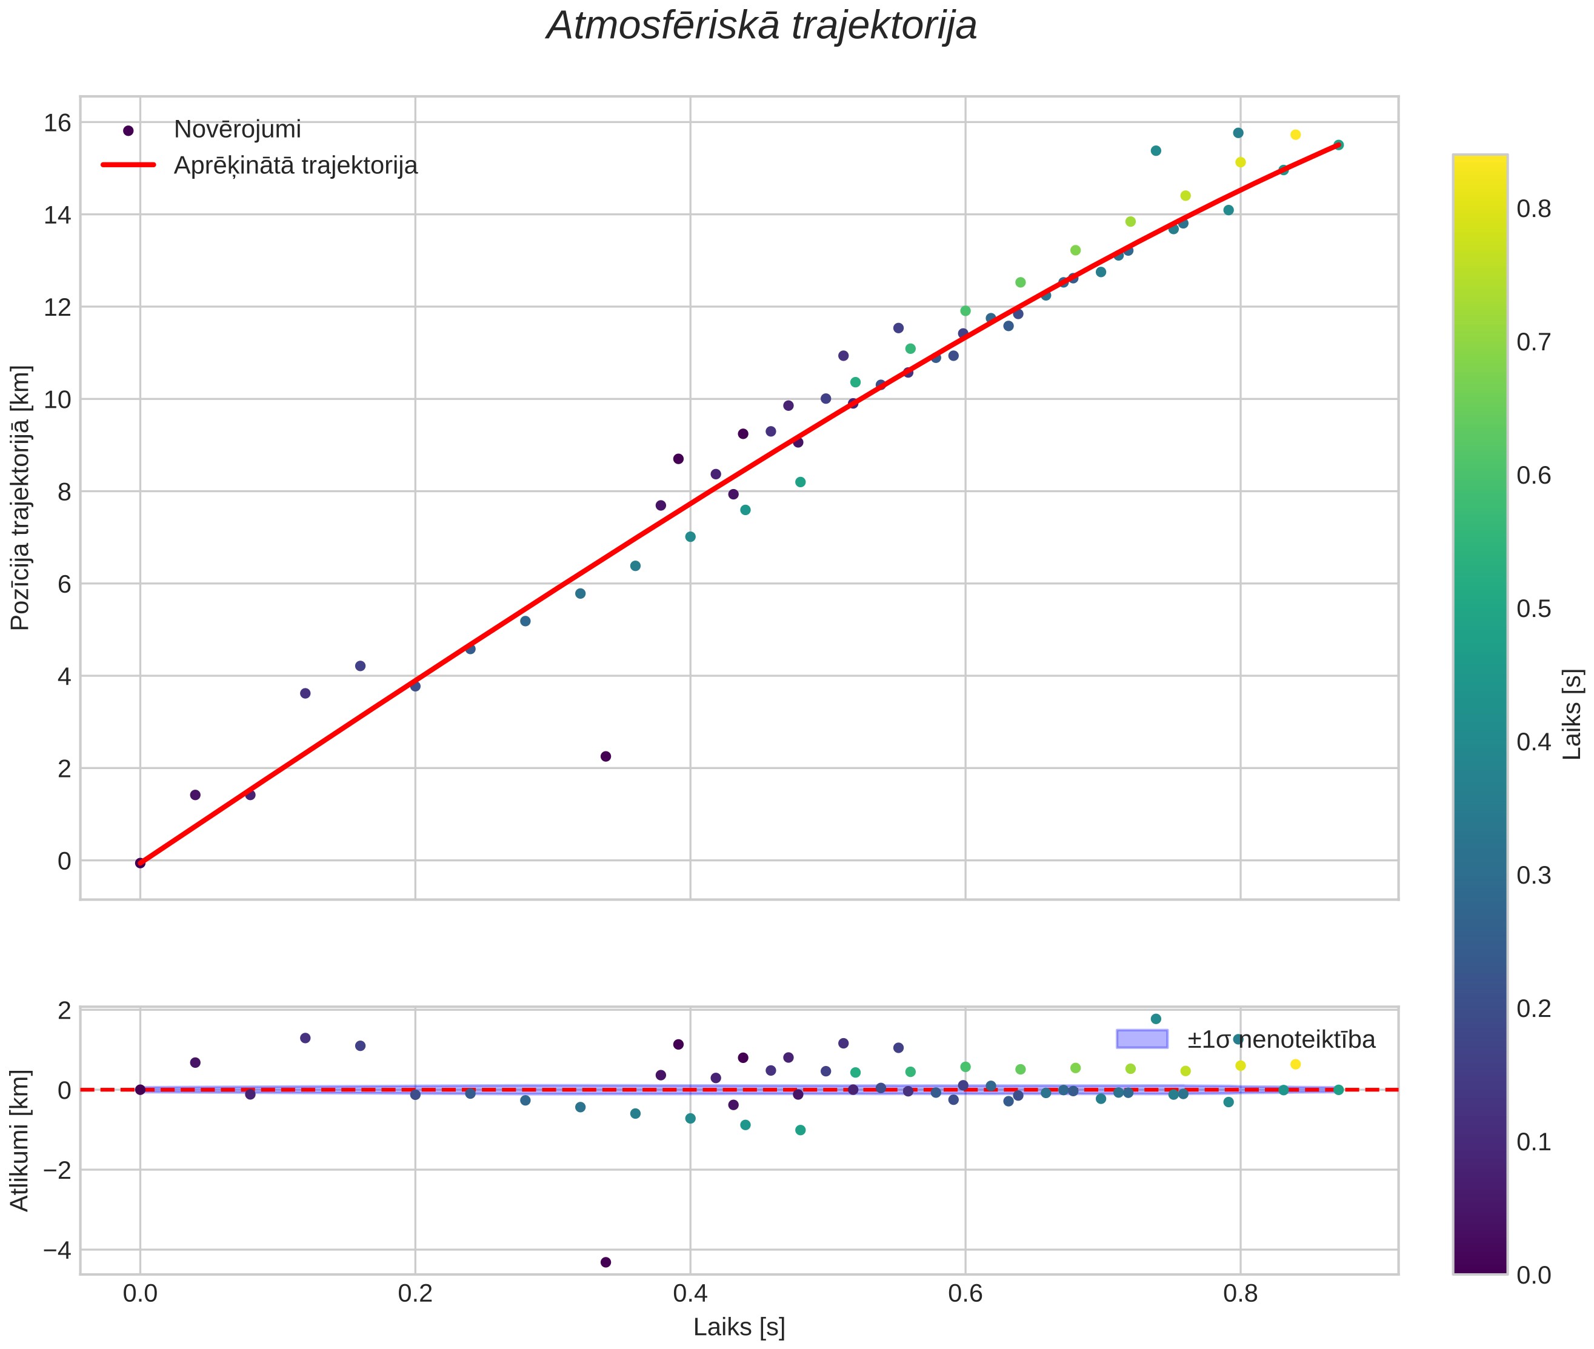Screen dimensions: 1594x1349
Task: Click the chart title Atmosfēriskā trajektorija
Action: pyautogui.click(x=761, y=26)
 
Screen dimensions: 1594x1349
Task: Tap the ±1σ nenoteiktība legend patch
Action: pyautogui.click(x=1142, y=1039)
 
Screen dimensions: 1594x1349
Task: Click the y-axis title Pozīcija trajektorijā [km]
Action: pyautogui.click(x=20, y=498)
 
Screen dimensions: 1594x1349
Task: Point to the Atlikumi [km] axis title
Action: pyautogui.click(x=20, y=1141)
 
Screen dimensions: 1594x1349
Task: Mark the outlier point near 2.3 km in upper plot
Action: pyautogui.click(x=606, y=756)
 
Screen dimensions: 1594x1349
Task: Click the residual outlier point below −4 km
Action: pyautogui.click(x=606, y=1262)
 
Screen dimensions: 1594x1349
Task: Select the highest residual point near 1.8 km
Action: pyautogui.click(x=1156, y=1019)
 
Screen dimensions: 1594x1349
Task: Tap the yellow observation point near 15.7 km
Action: pyautogui.click(x=1295, y=135)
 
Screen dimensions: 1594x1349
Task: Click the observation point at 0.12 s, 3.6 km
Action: pyautogui.click(x=305, y=693)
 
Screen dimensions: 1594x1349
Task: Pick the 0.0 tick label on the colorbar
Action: pyautogui.click(x=1533, y=1276)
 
